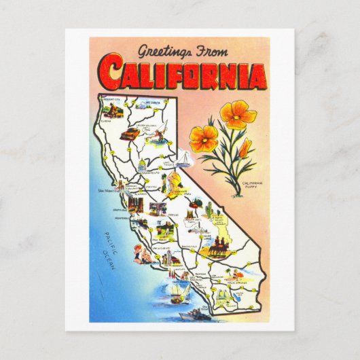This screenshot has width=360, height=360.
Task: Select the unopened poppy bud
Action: pos(245,149)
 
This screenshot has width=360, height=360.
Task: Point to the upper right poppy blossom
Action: pos(237,113)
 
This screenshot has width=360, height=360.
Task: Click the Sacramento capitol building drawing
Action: pos(142,166)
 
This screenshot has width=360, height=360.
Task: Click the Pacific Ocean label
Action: pos(109,250)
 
